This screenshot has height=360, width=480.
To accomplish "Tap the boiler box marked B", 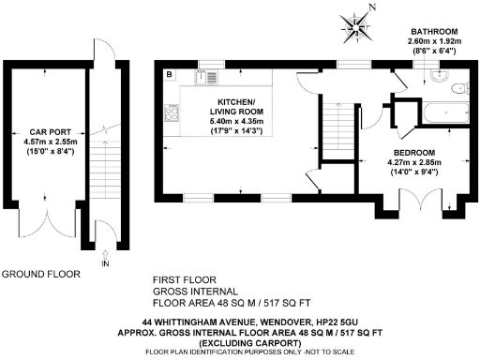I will pyautogui.click(x=170, y=74).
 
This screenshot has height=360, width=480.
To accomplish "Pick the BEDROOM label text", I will pyautogui.click(x=412, y=150).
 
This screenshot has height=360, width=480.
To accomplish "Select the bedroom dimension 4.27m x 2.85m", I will pyautogui.click(x=412, y=160).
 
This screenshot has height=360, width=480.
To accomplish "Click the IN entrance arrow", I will pyautogui.click(x=104, y=257).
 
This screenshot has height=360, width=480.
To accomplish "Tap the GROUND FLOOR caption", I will pyautogui.click(x=40, y=275).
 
